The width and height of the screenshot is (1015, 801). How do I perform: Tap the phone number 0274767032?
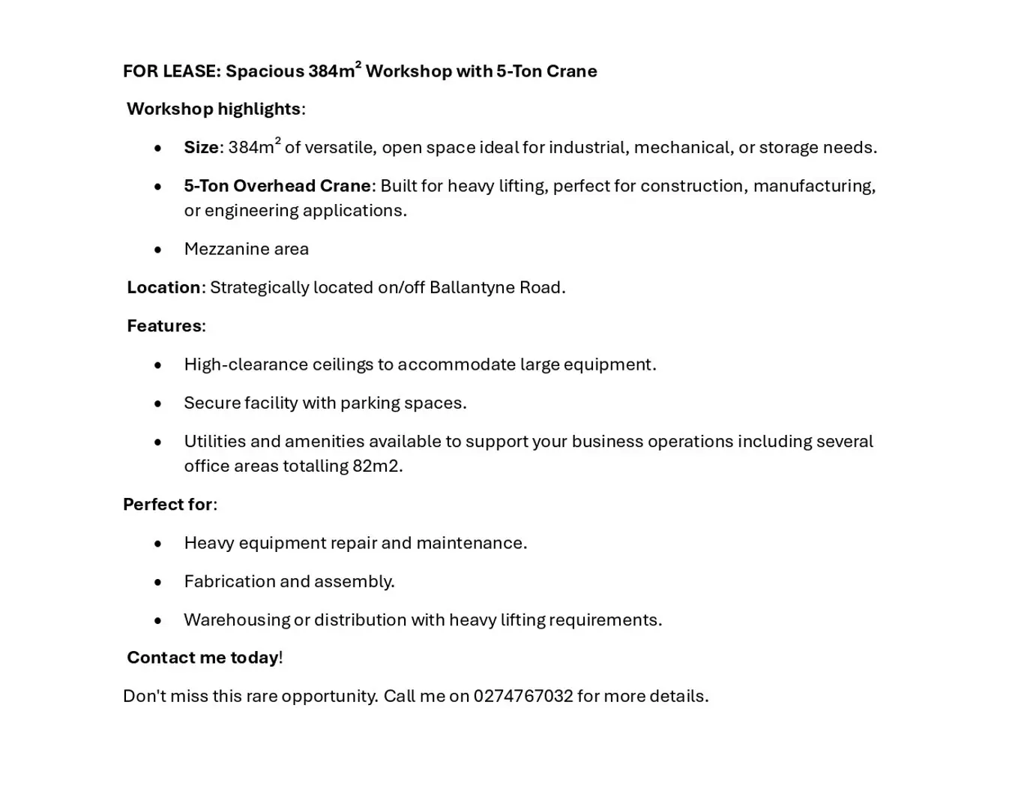[x=522, y=696]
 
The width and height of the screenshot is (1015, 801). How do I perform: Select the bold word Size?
[x=201, y=148]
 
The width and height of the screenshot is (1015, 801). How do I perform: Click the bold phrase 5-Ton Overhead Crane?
[x=277, y=186]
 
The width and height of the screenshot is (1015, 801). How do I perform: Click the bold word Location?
[x=163, y=287]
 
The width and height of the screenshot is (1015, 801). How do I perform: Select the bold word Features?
[x=164, y=325]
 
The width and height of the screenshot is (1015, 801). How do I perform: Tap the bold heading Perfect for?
[x=168, y=504]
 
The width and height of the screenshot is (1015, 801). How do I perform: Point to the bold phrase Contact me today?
[x=202, y=658]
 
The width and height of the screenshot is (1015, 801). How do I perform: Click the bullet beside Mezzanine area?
[x=157, y=250]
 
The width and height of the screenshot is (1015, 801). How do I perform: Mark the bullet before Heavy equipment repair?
[x=157, y=544]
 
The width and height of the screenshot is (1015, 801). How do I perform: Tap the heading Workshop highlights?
[x=214, y=109]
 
